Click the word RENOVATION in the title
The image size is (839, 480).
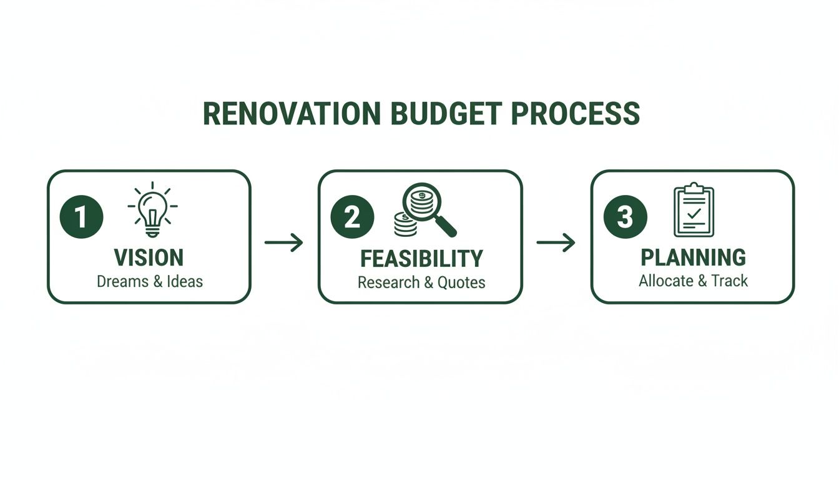(x=292, y=114)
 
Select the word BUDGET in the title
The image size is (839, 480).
(x=445, y=114)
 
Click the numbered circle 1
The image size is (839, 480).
(x=81, y=217)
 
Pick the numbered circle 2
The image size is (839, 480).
(x=352, y=217)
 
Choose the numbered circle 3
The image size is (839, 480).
(x=625, y=217)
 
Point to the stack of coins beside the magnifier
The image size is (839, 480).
(x=405, y=224)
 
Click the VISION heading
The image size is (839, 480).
(x=149, y=257)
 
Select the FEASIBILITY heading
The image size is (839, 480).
(x=421, y=258)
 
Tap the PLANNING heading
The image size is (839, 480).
(x=693, y=257)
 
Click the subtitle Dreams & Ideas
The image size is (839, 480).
(x=150, y=281)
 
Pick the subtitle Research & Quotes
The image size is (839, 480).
(x=421, y=282)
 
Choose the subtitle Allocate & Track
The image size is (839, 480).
(x=693, y=281)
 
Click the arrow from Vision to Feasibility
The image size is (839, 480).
(x=283, y=242)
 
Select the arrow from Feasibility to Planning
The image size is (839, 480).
(x=556, y=242)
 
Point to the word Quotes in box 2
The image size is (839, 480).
(x=461, y=282)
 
